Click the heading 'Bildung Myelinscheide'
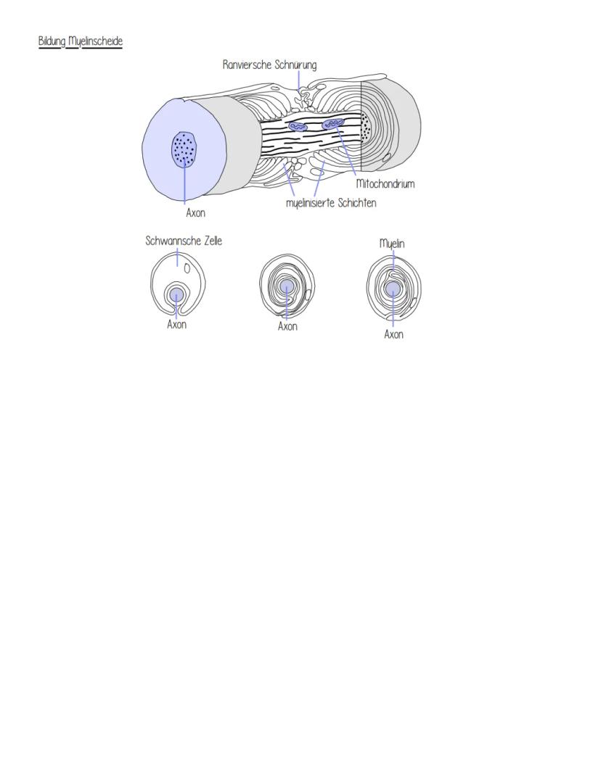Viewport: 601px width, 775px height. coord(80,41)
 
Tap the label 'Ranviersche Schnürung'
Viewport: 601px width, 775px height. coord(269,65)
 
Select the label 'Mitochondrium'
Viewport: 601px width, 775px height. coord(385,184)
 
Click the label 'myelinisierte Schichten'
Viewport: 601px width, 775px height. coord(331,203)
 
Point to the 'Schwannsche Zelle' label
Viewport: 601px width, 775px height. coord(184,241)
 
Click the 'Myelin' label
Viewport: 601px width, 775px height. coord(392,244)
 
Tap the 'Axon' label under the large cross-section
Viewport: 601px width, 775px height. coord(195,213)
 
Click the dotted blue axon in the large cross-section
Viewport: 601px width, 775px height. coord(184,148)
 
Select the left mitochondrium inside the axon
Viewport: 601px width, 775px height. coord(298,127)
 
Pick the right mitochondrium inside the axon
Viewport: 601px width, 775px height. coord(332,124)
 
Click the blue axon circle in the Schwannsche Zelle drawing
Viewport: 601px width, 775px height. coord(176,295)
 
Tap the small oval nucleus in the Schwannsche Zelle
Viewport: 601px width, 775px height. coord(187,268)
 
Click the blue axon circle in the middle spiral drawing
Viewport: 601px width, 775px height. coord(286,286)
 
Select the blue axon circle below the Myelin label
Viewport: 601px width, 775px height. coord(393,288)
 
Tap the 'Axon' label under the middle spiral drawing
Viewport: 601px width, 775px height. coord(287,327)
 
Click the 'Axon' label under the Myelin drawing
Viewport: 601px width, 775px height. coord(393,335)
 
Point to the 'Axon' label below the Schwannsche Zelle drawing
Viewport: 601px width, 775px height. coord(176,325)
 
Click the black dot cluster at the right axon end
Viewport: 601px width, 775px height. coord(366,127)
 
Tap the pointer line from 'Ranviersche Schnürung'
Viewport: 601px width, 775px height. coord(298,80)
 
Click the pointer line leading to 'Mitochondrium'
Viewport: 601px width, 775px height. coord(346,152)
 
